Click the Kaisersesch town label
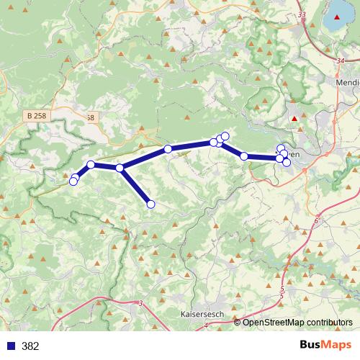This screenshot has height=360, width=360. (x=204, y=315)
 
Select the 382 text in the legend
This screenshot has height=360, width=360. (x=30, y=346)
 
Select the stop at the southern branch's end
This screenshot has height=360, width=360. (x=150, y=204)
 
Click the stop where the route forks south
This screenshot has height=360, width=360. (x=120, y=168)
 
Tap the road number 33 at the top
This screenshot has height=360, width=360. (x=301, y=15)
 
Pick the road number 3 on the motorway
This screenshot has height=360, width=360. (x=141, y=304)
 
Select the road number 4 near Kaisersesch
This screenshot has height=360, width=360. (x=206, y=325)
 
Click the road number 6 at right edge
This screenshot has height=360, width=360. (x=316, y=221)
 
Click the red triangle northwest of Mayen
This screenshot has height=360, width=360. (x=294, y=118)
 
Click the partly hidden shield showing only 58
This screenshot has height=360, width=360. (x=89, y=117)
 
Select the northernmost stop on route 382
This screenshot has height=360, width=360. (x=225, y=136)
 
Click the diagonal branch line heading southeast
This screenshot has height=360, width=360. (x=135, y=186)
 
